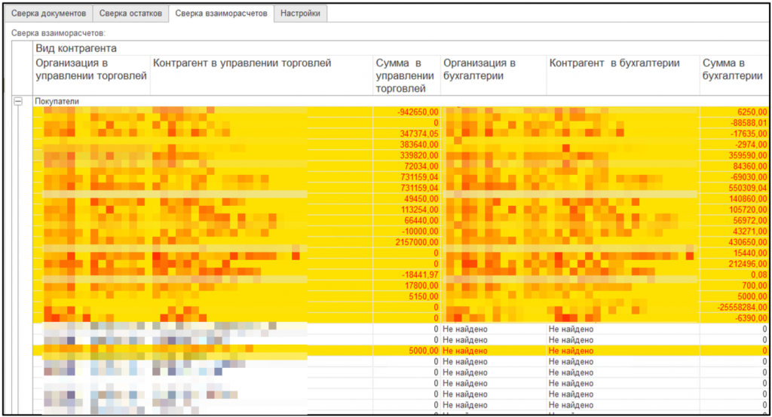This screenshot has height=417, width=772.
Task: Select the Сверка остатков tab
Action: (x=130, y=14)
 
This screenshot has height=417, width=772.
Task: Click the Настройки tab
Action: (x=301, y=14)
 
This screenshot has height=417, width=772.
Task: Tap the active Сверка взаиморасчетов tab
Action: (x=221, y=14)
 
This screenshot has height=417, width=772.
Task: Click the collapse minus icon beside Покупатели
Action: (x=19, y=100)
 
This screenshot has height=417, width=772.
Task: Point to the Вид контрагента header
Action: (x=76, y=48)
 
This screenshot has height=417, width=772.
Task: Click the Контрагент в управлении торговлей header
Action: (x=242, y=63)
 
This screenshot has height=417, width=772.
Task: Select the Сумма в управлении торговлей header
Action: (x=405, y=75)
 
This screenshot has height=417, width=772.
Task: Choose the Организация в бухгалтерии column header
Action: (x=479, y=69)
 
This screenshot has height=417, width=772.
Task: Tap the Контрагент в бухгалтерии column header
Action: (x=614, y=63)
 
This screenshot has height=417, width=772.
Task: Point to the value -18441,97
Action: (x=420, y=275)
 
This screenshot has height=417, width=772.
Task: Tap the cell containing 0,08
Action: (x=757, y=275)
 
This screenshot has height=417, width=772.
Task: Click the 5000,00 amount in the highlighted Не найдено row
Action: (x=423, y=351)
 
